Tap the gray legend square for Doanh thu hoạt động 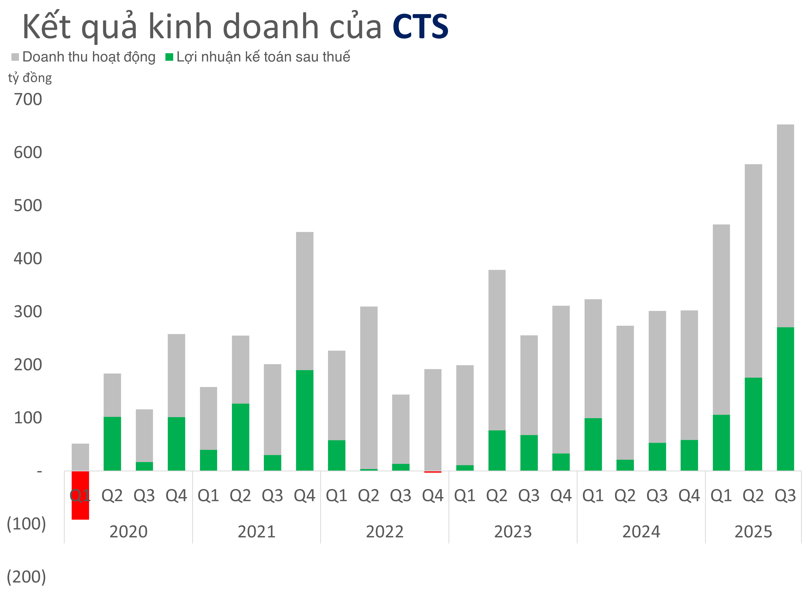coord(15,57)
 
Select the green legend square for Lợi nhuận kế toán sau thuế coord(169,57)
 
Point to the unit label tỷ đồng coord(30,78)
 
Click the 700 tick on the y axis coord(28,99)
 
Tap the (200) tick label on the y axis coord(26,577)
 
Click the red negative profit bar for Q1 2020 coord(80,508)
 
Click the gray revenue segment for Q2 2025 coord(753,270)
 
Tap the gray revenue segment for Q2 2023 coord(497,350)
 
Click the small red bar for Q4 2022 coord(433,472)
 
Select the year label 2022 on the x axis coord(385,532)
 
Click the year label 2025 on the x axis coord(753,532)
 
